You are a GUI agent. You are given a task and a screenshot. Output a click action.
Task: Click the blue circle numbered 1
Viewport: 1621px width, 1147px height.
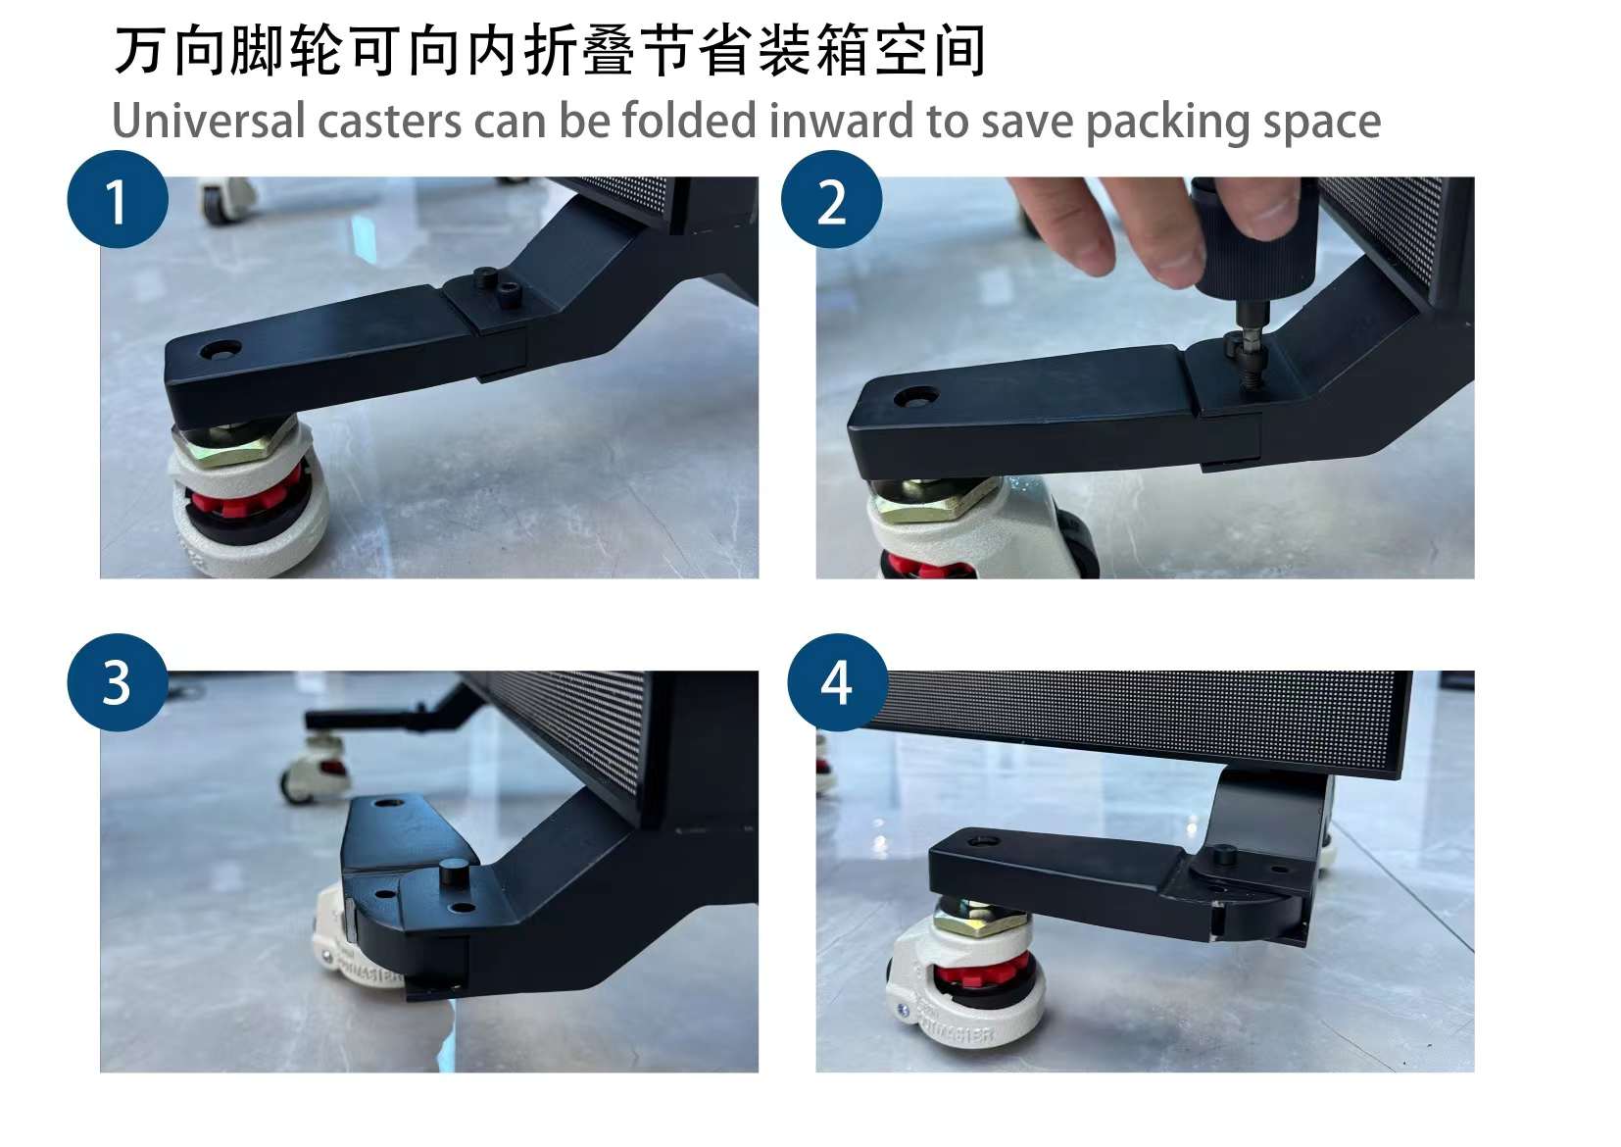(x=118, y=200)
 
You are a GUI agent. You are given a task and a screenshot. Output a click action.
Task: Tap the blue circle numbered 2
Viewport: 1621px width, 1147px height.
(x=831, y=200)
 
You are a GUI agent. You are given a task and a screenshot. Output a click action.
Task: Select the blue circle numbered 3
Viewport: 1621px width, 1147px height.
(x=118, y=682)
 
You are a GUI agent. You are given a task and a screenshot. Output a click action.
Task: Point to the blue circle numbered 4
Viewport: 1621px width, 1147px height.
(x=837, y=682)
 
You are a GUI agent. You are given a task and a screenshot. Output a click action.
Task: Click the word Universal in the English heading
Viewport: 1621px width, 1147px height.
(x=209, y=121)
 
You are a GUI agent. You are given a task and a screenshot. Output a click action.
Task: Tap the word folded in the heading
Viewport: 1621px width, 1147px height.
(x=688, y=121)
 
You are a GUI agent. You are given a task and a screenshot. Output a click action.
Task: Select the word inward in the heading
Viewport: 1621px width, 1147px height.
(x=841, y=121)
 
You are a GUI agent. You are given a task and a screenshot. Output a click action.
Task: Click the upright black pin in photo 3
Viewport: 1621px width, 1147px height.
(x=455, y=873)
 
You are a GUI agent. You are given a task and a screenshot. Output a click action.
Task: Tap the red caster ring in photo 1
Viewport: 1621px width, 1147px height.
(x=239, y=499)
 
